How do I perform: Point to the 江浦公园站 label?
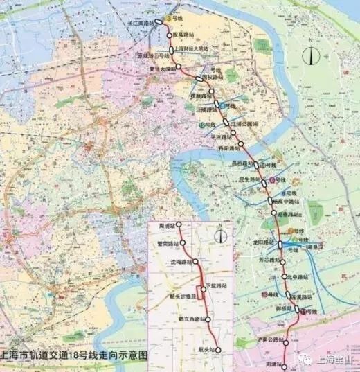point(245,124)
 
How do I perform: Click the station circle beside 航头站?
point(218,351)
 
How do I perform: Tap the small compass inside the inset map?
point(221,236)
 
